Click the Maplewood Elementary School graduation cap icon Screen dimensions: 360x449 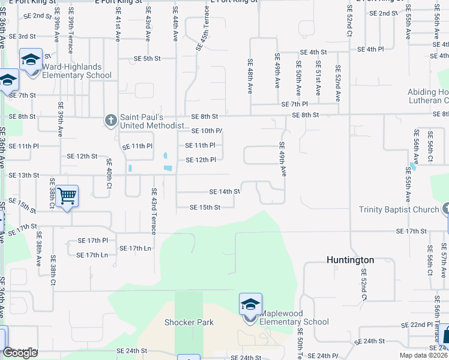coord(250,304)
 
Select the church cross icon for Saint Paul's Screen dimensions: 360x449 coord(110,121)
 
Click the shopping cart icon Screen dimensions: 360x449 coord(67,196)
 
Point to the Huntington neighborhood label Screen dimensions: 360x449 coord(351,260)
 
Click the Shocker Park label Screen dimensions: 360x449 coord(189,322)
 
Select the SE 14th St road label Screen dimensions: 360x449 coord(224,191)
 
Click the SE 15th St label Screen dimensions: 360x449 coord(205,208)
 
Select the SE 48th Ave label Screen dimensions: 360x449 coord(250,77)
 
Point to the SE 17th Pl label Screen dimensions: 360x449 coord(92,240)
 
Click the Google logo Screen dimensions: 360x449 coord(20,353)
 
